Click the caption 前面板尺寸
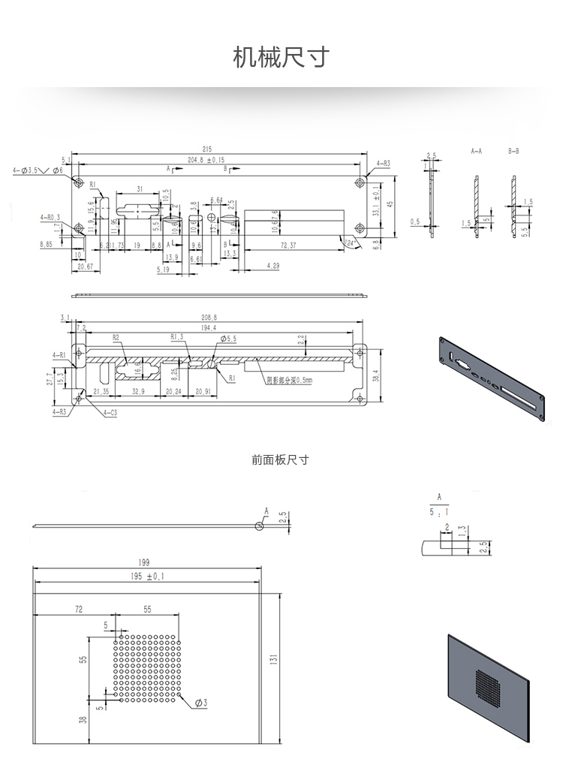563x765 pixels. click(280, 459)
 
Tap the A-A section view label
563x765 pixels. click(476, 152)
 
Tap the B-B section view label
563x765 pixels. click(513, 152)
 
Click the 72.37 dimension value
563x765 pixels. click(288, 245)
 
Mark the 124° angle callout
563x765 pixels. click(349, 243)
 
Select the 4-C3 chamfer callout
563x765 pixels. click(110, 412)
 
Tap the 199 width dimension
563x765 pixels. click(144, 562)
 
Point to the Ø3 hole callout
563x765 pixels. click(200, 703)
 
